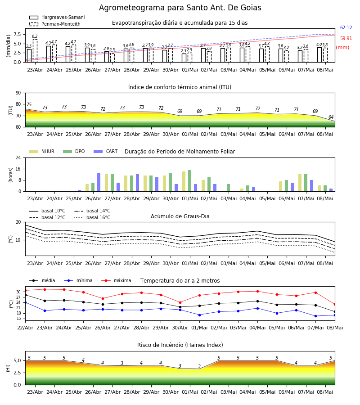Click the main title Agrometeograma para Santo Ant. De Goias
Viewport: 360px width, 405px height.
[180, 8]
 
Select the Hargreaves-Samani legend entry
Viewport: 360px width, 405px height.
[57, 17]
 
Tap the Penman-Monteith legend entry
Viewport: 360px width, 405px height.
[55, 24]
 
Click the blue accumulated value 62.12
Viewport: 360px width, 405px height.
[346, 27]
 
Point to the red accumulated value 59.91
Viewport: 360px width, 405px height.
[346, 39]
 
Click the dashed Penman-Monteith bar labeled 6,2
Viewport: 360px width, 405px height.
[35, 50]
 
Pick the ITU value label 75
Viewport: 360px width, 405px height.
[29, 104]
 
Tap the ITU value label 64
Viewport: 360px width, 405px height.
[331, 117]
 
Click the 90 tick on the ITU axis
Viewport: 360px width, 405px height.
[18, 93]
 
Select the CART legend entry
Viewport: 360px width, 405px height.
[105, 151]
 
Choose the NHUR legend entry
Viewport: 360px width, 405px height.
[42, 151]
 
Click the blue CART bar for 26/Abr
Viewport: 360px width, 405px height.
[99, 182]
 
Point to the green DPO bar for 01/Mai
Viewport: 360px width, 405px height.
[190, 181]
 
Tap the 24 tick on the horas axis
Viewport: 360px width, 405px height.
[18, 157]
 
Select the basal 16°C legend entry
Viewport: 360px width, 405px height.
[92, 217]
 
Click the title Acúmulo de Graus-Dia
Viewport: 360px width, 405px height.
[180, 216]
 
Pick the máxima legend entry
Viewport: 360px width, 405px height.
[116, 280]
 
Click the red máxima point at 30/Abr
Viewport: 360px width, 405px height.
[180, 302]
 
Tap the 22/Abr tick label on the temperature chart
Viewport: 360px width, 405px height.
[25, 328]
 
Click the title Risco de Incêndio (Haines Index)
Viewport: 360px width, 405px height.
[180, 345]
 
